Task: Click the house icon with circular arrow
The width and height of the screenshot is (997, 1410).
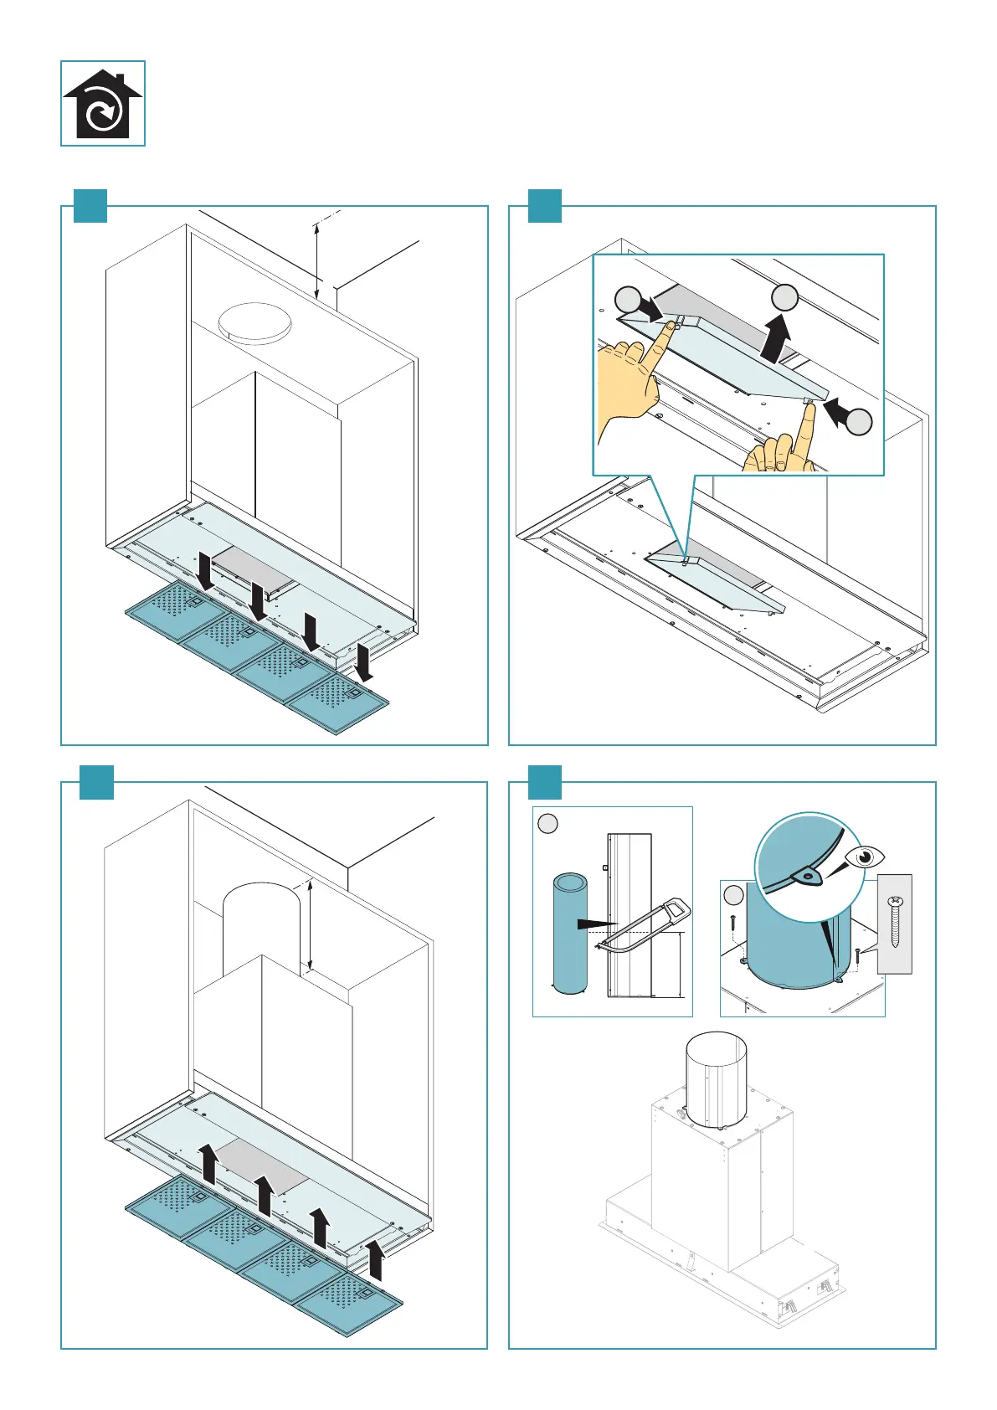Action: [103, 104]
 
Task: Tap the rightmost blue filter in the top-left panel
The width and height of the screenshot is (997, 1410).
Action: [339, 703]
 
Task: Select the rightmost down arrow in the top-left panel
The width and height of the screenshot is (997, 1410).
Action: [364, 661]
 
